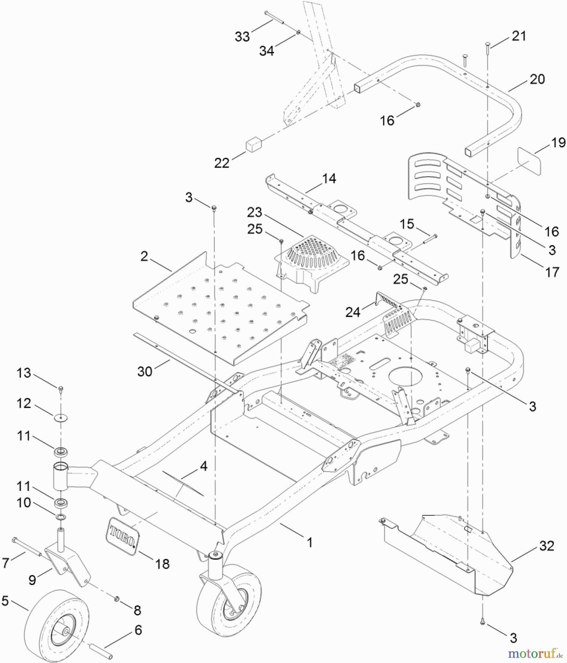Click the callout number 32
click(x=546, y=546)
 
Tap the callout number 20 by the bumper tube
click(x=537, y=79)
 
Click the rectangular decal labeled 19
click(x=529, y=161)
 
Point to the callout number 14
click(x=329, y=179)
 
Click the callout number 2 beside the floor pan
click(x=144, y=256)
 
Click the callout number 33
click(x=242, y=36)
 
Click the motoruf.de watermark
click(x=535, y=653)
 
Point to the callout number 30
click(x=145, y=371)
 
